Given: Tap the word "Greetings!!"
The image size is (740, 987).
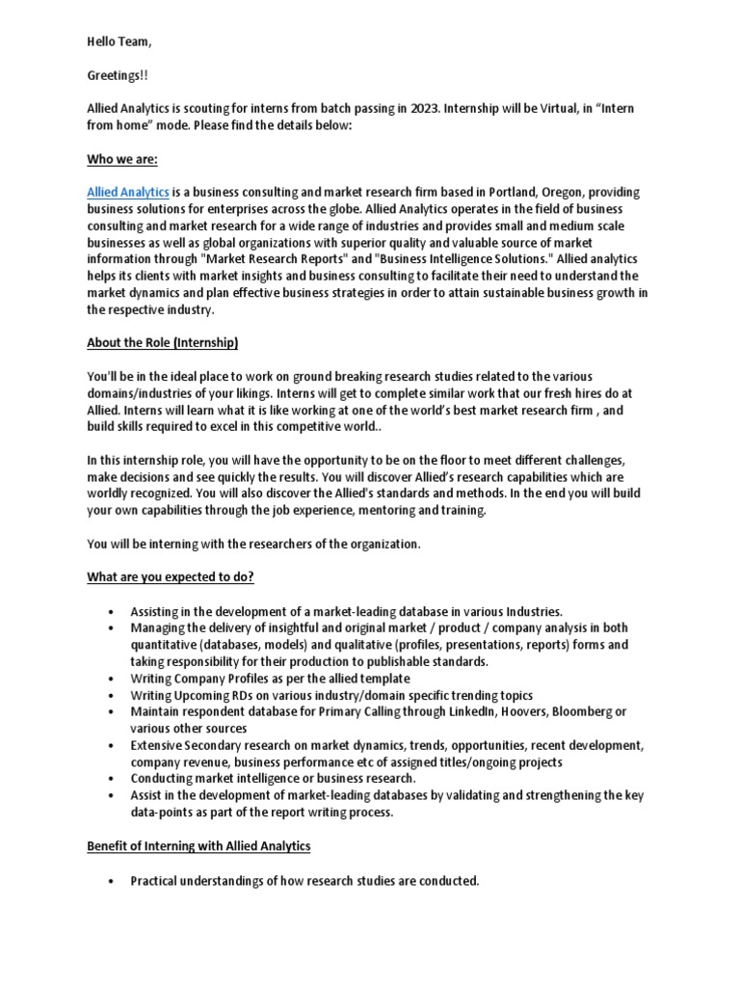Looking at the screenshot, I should pyautogui.click(x=119, y=75).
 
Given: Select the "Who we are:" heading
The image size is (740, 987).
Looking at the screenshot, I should pyautogui.click(x=122, y=157).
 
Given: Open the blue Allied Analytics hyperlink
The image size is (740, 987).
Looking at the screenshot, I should pyautogui.click(x=128, y=193).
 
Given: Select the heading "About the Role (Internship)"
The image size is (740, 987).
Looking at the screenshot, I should pyautogui.click(x=162, y=343).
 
